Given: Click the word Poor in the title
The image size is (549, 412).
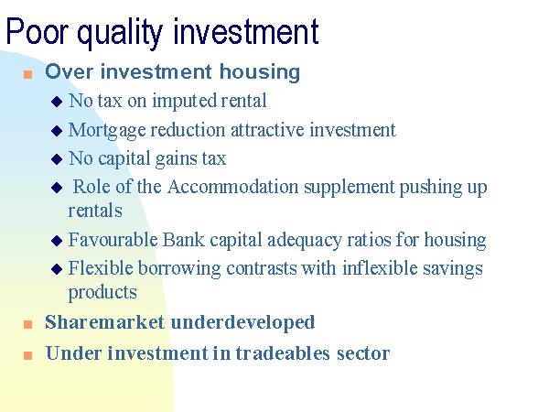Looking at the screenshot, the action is (x=38, y=31).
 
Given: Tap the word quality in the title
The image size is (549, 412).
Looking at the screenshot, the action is (x=120, y=34).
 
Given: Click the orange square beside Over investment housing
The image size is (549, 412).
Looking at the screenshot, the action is (x=27, y=75).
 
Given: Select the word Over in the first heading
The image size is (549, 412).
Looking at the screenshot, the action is (x=70, y=71).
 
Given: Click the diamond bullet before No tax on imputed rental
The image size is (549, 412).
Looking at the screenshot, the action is (x=57, y=102).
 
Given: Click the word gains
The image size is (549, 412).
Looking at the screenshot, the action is (x=176, y=159).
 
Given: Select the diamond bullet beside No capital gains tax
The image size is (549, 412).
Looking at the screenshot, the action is (x=57, y=159).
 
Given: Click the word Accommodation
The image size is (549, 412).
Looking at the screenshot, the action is (x=232, y=187).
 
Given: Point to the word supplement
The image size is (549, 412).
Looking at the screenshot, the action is (x=350, y=188).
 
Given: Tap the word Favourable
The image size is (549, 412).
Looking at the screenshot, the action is (x=113, y=240).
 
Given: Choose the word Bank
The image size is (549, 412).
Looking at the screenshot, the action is (x=184, y=240).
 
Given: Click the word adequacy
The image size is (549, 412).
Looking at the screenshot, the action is (x=305, y=241).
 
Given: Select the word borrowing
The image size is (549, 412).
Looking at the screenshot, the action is (x=179, y=269).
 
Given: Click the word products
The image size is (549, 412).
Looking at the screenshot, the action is (x=102, y=293).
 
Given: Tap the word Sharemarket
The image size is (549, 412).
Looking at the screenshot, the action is (x=104, y=322).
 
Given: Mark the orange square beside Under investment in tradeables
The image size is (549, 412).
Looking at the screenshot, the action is (x=27, y=355).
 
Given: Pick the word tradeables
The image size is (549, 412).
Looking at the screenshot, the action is (x=283, y=352).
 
